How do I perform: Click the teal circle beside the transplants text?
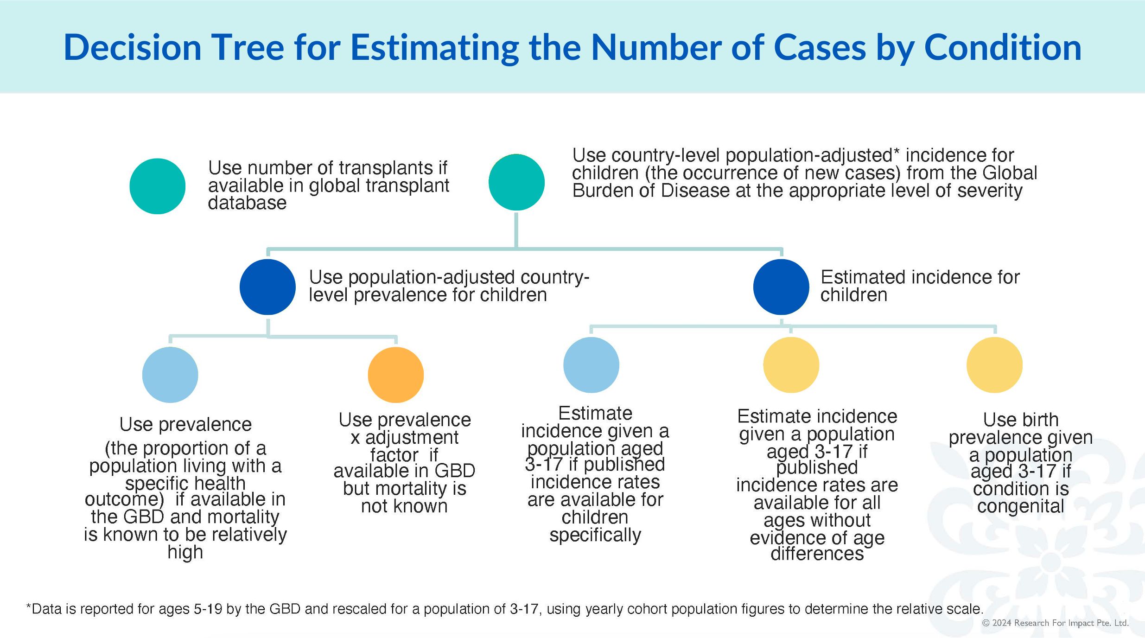(158, 186)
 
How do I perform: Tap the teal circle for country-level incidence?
(516, 182)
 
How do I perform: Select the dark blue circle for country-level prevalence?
(267, 287)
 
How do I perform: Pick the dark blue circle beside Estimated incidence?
(781, 287)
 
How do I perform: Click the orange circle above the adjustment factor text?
(396, 375)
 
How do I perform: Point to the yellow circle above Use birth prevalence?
(994, 365)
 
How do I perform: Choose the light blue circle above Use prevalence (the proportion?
(170, 375)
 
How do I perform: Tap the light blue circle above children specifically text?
(591, 365)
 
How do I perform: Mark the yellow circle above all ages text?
(791, 365)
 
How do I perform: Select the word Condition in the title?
(1003, 47)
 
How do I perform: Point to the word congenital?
(1021, 506)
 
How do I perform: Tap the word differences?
(817, 554)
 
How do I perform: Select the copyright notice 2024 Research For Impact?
(1056, 623)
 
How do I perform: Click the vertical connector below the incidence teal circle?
(516, 230)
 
